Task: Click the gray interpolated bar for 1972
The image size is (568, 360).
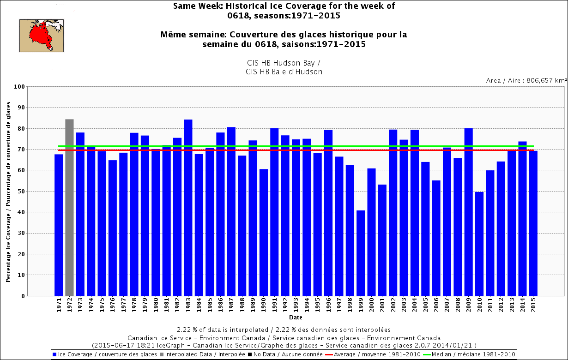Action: tap(69, 207)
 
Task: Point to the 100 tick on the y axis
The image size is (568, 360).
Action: tap(19, 87)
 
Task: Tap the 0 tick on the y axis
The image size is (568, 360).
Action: tap(22, 296)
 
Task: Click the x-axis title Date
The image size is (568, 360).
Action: tap(296, 318)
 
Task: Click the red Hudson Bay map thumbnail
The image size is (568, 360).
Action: tap(42, 35)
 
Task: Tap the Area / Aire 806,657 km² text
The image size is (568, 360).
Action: tap(526, 80)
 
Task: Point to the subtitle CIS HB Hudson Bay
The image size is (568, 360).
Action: tap(284, 63)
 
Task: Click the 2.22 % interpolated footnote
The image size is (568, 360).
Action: tap(284, 330)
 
